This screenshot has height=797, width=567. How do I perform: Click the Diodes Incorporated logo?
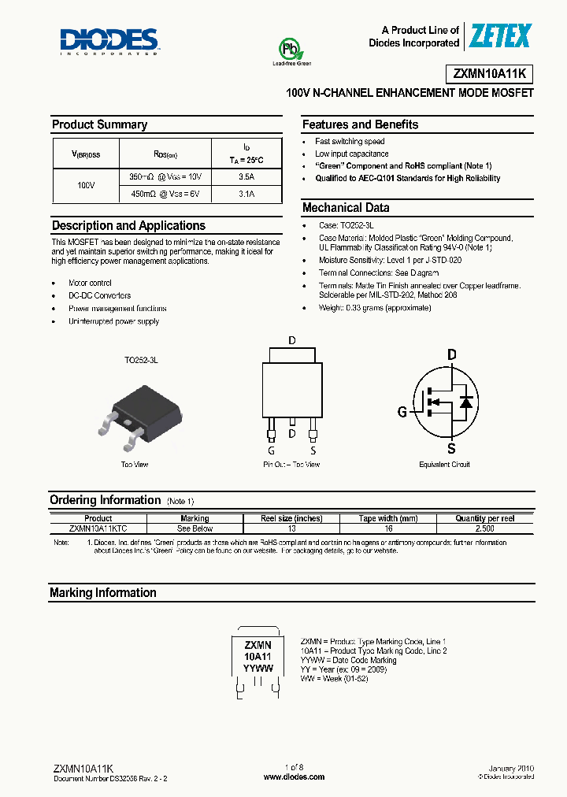point(109,41)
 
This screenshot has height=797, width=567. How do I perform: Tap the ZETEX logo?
point(500,36)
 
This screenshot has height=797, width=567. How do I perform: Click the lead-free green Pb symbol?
point(291,50)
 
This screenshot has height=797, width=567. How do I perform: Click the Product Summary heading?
point(99,124)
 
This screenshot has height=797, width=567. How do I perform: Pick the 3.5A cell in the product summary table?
point(246,177)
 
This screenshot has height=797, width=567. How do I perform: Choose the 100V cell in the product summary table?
point(86,185)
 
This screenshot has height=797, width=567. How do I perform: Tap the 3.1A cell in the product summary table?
point(246,193)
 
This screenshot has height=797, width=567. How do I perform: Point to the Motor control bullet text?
point(90,283)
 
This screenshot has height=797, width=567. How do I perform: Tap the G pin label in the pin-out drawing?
point(270,450)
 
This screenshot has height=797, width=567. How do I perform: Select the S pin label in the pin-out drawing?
point(313,450)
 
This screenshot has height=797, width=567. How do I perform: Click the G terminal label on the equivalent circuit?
point(402,410)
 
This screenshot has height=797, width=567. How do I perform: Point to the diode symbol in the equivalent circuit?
point(465,402)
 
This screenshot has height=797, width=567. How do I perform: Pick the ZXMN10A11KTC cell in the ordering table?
point(98,528)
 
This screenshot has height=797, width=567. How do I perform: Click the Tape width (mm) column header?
point(388,519)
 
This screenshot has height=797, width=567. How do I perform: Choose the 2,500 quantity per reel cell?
point(484,528)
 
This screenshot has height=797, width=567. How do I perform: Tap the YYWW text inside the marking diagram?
point(258,668)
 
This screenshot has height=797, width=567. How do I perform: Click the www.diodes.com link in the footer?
point(294,777)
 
